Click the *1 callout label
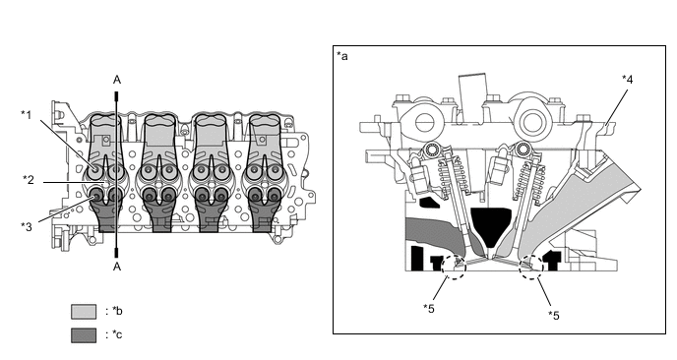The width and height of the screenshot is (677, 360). pos(27,115)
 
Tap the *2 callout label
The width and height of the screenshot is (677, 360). pos(29,180)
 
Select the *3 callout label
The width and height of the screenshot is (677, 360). pos(27,226)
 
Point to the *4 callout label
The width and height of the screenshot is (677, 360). pos(628,80)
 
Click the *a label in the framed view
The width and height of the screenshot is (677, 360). pos(342,56)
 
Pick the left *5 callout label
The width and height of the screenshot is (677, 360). pos(429,308)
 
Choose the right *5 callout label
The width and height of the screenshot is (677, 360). pos(554,316)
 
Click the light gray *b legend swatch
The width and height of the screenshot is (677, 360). pos(84,312)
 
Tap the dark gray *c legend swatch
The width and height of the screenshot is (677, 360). pos(84,335)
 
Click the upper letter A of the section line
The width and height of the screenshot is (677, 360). pos(117,80)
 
